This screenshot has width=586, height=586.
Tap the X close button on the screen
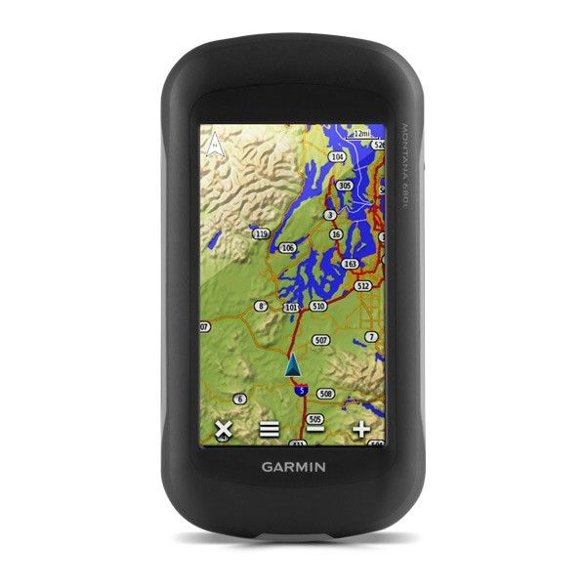(224, 429)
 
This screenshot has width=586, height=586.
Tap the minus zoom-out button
(315, 429)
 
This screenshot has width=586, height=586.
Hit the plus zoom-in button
(361, 429)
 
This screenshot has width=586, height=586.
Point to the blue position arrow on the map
(292, 366)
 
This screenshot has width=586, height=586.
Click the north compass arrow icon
(214, 144)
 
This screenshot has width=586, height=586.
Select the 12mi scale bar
(362, 133)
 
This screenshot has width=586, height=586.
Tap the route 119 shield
(260, 234)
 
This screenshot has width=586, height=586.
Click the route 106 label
(287, 248)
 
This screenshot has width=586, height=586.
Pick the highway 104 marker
(337, 156)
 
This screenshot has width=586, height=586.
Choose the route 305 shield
(344, 185)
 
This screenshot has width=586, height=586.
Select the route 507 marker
(321, 340)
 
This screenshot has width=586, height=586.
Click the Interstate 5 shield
(303, 390)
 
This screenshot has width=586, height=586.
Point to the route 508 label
(326, 394)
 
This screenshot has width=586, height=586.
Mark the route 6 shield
(240, 398)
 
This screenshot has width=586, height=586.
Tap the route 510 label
(317, 307)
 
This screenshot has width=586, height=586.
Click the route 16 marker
(336, 234)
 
